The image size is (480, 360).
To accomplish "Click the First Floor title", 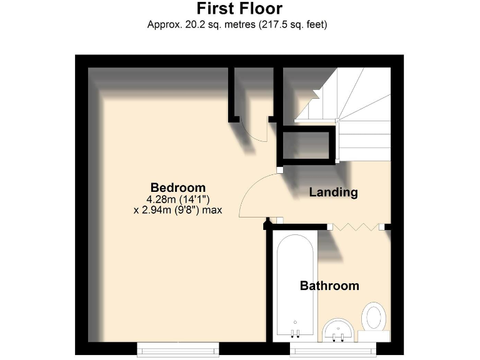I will pyautogui.click(x=239, y=9).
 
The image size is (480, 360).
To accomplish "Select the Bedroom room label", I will pyautogui.click(x=178, y=187).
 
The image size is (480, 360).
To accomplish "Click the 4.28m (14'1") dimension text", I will pyautogui.click(x=177, y=199).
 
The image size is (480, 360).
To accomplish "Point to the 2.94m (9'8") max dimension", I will pyautogui.click(x=178, y=211).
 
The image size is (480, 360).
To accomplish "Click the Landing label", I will pyautogui.click(x=333, y=192).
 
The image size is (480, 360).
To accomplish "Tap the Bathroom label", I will pyautogui.click(x=329, y=286).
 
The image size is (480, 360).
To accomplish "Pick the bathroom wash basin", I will pyautogui.click(x=339, y=329).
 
